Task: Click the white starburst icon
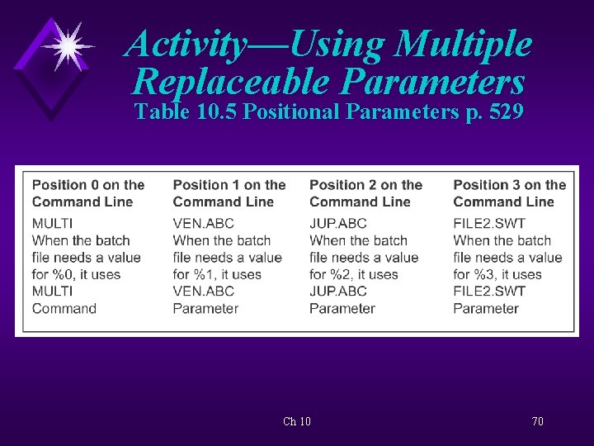click(x=68, y=45)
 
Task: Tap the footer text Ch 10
click(x=297, y=421)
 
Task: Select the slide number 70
click(x=537, y=421)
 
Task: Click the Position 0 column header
click(x=87, y=193)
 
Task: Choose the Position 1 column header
click(x=229, y=193)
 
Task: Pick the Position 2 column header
click(x=365, y=193)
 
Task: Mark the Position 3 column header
click(x=509, y=193)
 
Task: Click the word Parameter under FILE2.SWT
click(x=486, y=308)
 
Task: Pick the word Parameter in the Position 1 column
click(x=205, y=308)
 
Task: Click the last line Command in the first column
click(x=64, y=308)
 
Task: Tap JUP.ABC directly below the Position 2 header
click(x=337, y=223)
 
